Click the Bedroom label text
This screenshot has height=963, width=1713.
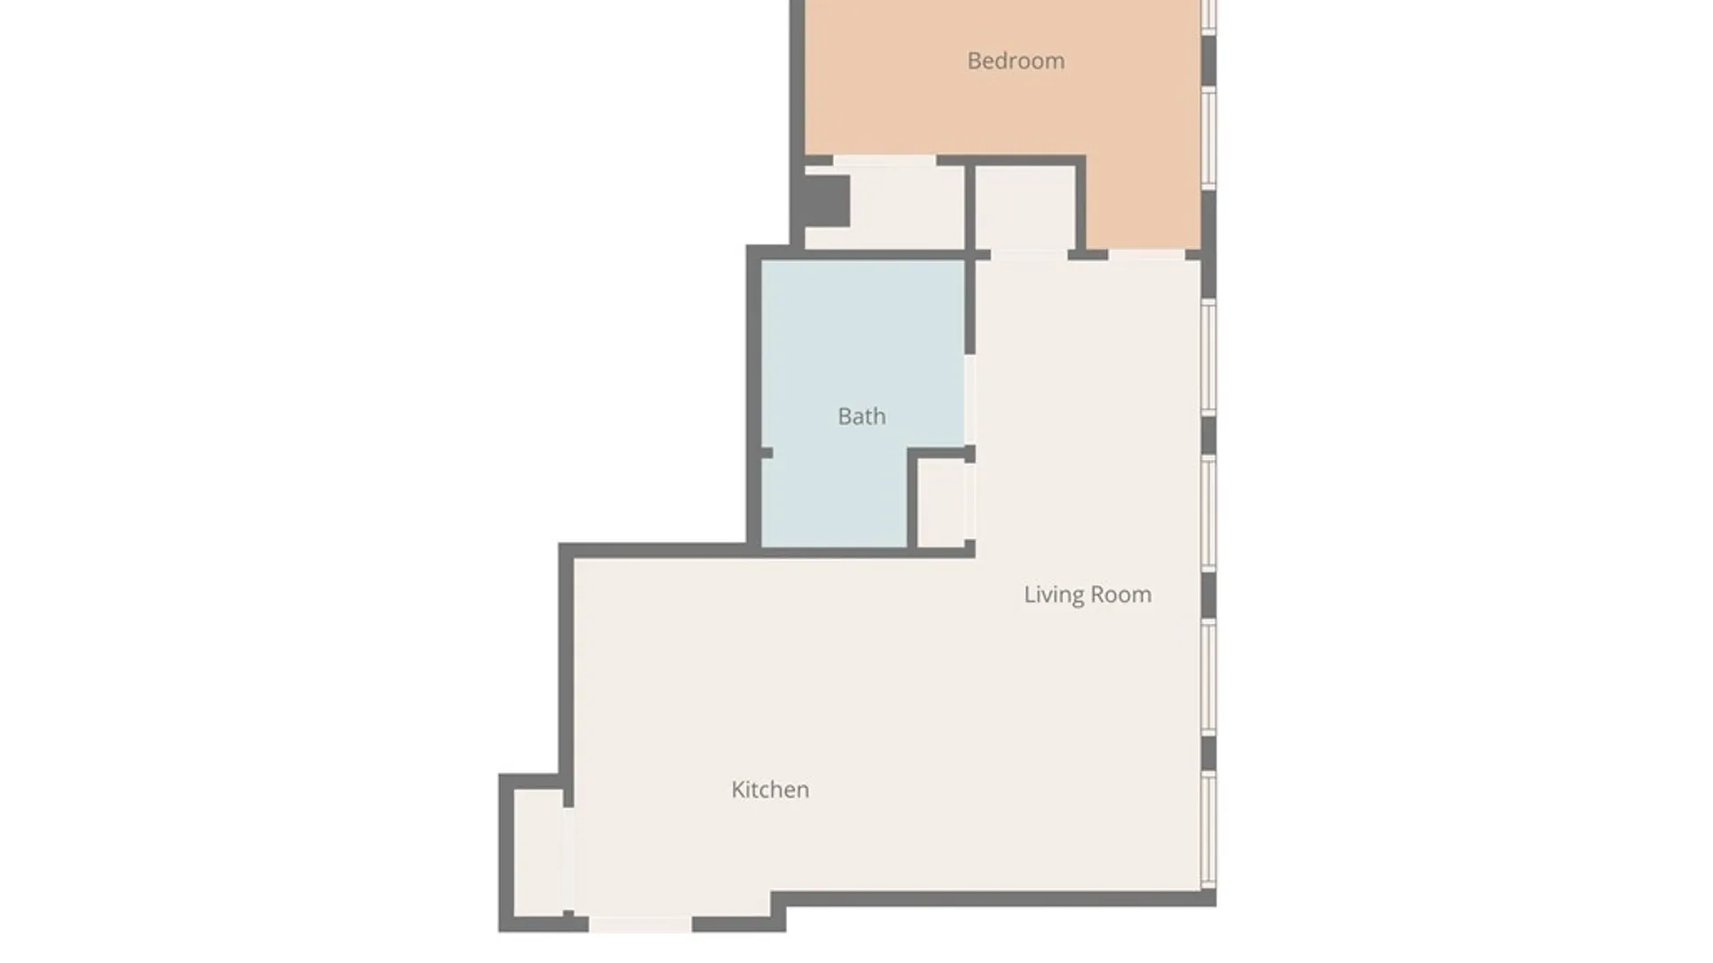coord(1015,61)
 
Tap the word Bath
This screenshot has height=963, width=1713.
coord(862,416)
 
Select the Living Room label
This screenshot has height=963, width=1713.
coord(1088,595)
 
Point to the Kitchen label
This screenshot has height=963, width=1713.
coord(770,789)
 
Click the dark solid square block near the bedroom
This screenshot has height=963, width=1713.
coord(827,201)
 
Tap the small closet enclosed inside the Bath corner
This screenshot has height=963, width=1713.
coord(941,502)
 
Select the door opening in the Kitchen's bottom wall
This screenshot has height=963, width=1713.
coord(640,925)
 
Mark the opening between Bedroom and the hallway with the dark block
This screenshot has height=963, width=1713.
coord(884,160)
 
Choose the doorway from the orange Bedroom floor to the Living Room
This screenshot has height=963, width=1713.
coord(1146,255)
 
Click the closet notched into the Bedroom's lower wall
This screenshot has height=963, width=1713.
coord(1025,208)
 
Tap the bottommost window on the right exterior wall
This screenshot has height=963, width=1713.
coord(1208,830)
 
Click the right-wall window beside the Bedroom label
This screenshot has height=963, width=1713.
coord(1208,137)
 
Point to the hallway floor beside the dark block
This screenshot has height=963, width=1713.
coord(906,207)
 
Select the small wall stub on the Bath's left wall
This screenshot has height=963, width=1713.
coord(765,453)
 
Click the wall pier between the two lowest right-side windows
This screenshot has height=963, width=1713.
coord(1208,753)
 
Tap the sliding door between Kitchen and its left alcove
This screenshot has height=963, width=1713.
coord(567,859)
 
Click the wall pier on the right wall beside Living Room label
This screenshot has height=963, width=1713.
coord(1208,596)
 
